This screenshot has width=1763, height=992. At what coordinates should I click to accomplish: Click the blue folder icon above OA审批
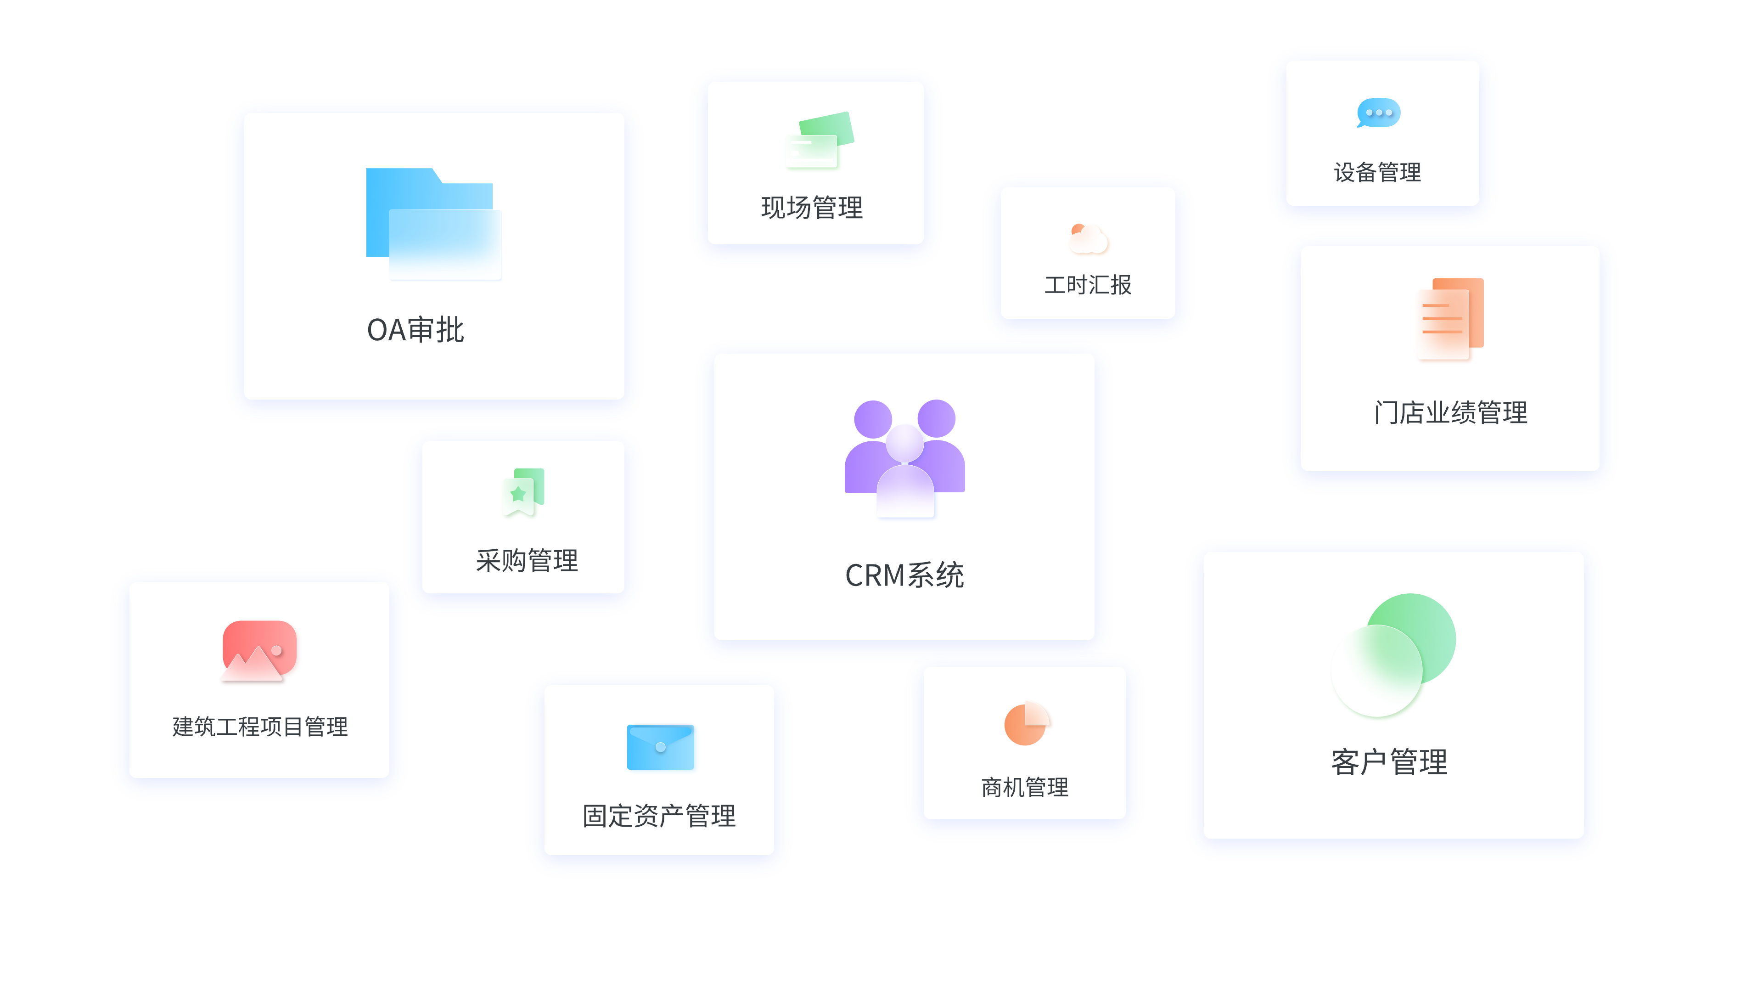tap(433, 222)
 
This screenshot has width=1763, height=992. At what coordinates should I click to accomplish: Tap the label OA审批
tap(415, 330)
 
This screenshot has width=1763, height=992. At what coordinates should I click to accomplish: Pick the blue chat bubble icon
tap(1378, 113)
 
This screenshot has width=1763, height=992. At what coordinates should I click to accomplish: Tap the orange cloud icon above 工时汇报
tap(1088, 239)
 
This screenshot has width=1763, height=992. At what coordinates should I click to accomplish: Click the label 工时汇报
tap(1088, 285)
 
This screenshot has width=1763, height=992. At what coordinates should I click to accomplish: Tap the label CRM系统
tap(904, 575)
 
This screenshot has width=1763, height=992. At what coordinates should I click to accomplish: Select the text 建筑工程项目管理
tap(260, 727)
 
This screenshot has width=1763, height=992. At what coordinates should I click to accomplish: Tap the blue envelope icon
tap(661, 747)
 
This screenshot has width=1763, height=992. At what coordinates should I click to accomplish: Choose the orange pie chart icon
tap(1026, 723)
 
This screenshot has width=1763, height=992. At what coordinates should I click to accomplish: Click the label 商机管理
tap(1025, 787)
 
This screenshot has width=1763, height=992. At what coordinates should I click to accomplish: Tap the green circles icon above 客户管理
tap(1393, 654)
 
